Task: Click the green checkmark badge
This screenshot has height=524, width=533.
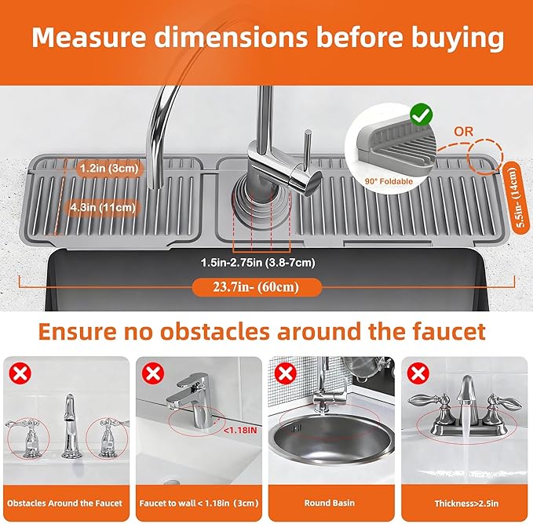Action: tap(422, 115)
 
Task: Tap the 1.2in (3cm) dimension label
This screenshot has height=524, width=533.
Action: tap(109, 168)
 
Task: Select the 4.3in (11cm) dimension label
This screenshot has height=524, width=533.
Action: tap(103, 207)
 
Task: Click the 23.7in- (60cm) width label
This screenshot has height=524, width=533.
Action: tap(257, 287)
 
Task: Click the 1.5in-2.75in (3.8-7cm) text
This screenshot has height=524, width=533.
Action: tap(258, 263)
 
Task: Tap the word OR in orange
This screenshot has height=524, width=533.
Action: tap(463, 132)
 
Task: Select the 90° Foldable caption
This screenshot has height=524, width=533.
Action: tap(389, 181)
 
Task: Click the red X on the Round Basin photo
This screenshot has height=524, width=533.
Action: tap(286, 374)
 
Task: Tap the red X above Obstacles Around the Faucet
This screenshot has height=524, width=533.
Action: tap(20, 374)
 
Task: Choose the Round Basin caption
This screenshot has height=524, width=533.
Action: tap(330, 503)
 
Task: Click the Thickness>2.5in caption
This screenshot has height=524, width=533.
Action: tap(467, 504)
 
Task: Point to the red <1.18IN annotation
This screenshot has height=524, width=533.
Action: tap(240, 431)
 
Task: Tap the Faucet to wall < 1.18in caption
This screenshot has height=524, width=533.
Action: tap(199, 504)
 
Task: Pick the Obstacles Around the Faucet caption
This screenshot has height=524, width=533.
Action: tap(64, 504)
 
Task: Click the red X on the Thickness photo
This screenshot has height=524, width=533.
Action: tap(418, 374)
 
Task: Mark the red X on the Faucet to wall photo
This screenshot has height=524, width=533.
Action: tap(153, 374)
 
